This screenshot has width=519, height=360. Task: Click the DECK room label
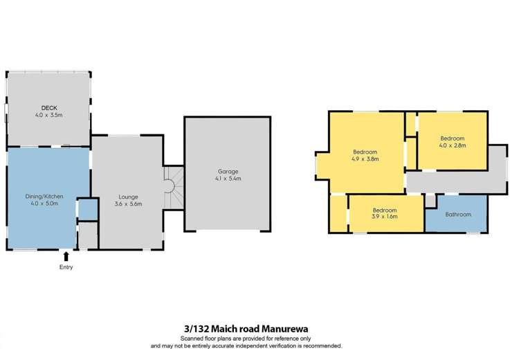pyautogui.click(x=48, y=107)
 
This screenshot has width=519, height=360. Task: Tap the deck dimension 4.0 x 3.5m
pyautogui.click(x=48, y=115)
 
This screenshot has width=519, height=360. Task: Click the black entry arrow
pyautogui.click(x=66, y=256)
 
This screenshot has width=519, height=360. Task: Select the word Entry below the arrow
pyautogui.click(x=66, y=267)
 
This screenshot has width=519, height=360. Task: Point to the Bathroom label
pyautogui.click(x=457, y=215)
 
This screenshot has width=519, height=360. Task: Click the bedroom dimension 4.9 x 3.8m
pyautogui.click(x=365, y=159)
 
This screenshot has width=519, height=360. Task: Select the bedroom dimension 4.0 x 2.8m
pyautogui.click(x=453, y=145)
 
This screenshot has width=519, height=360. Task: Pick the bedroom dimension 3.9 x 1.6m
pyautogui.click(x=385, y=217)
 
